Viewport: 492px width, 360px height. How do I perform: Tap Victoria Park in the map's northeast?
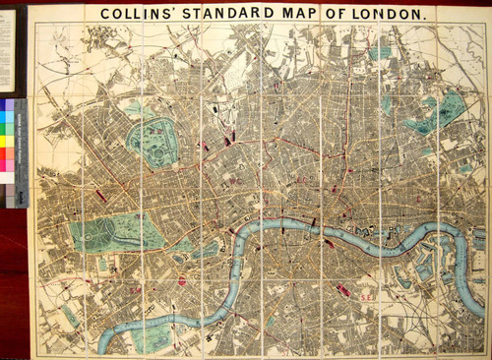(440, 110)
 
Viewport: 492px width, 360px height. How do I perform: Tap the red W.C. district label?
(235, 181)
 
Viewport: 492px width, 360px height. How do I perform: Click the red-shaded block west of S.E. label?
(343, 289)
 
